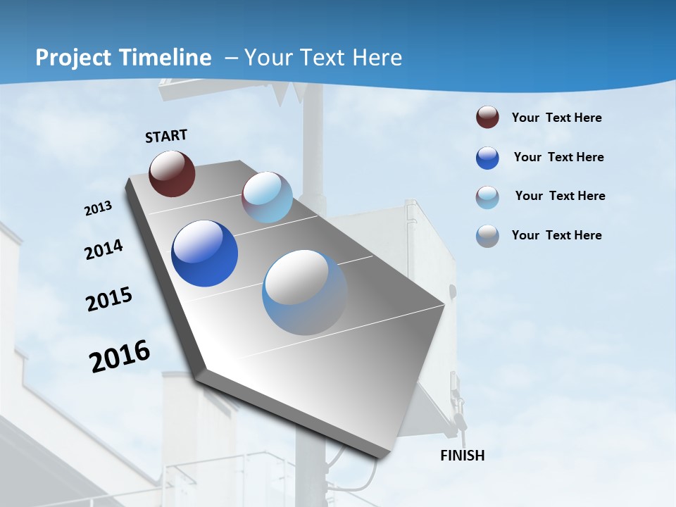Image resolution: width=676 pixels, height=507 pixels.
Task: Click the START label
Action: click(166, 136)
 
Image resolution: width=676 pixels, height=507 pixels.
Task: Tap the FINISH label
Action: click(462, 456)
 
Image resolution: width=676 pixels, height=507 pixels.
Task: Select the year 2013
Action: click(98, 208)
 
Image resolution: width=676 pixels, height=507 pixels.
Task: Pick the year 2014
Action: click(104, 250)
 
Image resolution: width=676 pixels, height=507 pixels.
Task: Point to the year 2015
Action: click(108, 299)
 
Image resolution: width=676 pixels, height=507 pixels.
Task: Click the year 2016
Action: click(119, 356)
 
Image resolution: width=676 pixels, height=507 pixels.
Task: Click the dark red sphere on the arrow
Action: click(172, 173)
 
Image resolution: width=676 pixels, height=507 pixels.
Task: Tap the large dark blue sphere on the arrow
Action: click(204, 254)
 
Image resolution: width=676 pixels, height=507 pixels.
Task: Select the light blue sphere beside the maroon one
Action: click(267, 197)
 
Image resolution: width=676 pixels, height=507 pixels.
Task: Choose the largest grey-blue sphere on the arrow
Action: click(305, 292)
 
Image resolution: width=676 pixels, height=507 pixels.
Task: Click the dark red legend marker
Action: click(487, 118)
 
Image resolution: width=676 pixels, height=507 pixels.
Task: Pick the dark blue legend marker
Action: click(487, 158)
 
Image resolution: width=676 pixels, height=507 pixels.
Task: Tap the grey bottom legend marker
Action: click(487, 236)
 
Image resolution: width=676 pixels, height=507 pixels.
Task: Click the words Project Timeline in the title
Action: click(123, 58)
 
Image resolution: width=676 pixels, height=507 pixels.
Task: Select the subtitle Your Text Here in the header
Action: click(323, 58)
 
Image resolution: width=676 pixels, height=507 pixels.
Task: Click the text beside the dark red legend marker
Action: click(556, 118)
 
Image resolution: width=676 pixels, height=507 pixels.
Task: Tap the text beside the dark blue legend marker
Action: click(558, 157)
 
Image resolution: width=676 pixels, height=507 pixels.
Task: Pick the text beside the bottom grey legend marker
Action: click(556, 235)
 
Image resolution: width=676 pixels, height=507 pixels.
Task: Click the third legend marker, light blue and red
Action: click(487, 197)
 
